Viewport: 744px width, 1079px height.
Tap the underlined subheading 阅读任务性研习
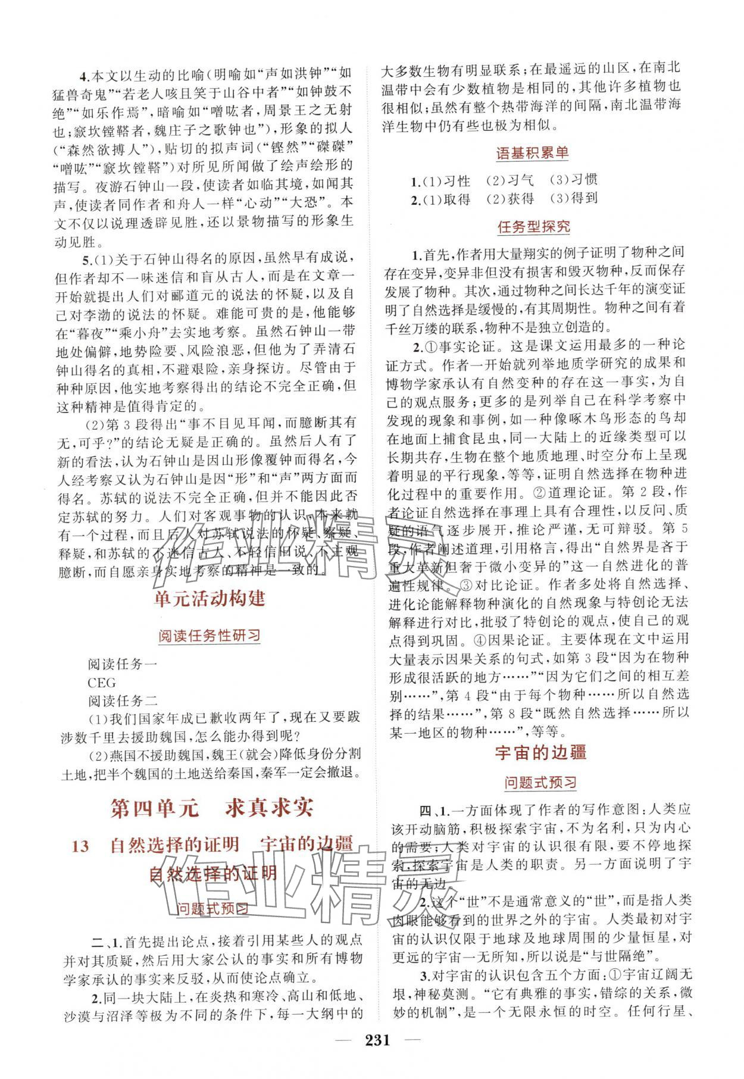pyautogui.click(x=209, y=636)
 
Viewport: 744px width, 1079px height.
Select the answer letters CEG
pyautogui.click(x=101, y=683)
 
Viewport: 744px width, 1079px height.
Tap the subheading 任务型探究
pyautogui.click(x=533, y=226)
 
